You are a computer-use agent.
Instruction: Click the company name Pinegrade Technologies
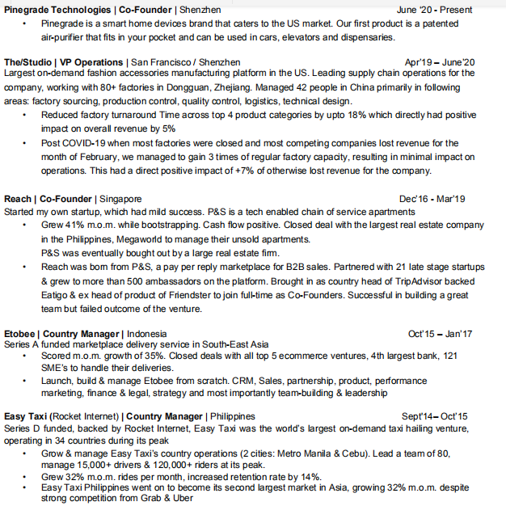[57, 10]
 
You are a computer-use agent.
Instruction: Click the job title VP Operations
[91, 61]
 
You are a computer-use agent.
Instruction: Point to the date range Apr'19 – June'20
[441, 61]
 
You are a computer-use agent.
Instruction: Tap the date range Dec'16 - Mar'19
[432, 198]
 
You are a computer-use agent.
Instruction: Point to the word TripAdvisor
[449, 280]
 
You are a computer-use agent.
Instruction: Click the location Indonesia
[147, 333]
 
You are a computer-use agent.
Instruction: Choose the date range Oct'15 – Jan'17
[441, 333]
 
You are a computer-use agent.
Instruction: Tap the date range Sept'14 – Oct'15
[435, 416]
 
